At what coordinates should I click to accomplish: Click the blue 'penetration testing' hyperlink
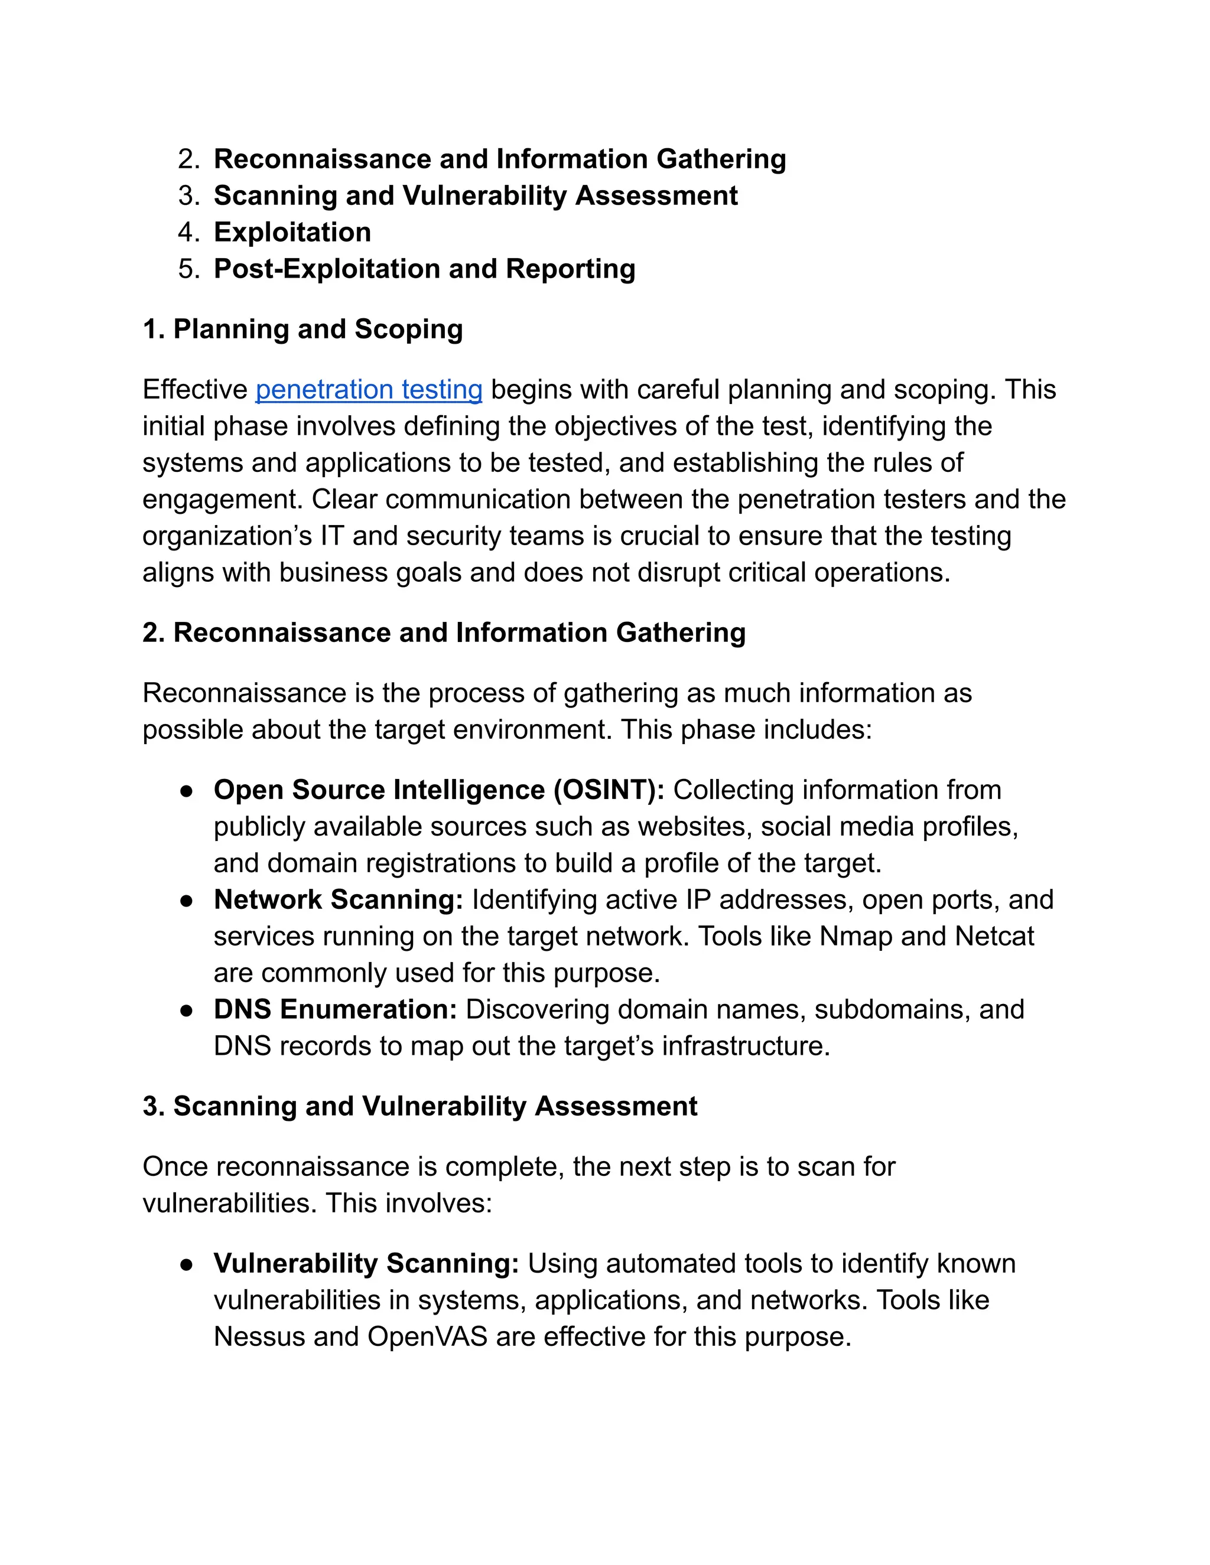click(x=369, y=390)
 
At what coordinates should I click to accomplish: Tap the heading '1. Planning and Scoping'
click(x=302, y=330)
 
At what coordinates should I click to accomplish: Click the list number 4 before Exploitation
click(x=188, y=233)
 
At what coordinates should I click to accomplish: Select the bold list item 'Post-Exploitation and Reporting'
click(x=424, y=269)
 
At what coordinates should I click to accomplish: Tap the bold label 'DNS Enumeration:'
click(x=336, y=1010)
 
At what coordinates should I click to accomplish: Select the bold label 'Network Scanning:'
click(x=339, y=900)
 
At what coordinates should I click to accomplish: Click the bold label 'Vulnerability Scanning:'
click(x=366, y=1263)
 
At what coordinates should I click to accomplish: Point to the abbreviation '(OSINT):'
click(x=609, y=790)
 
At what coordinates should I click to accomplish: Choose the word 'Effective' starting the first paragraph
click(x=195, y=390)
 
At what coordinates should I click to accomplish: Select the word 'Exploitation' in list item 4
click(x=292, y=233)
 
